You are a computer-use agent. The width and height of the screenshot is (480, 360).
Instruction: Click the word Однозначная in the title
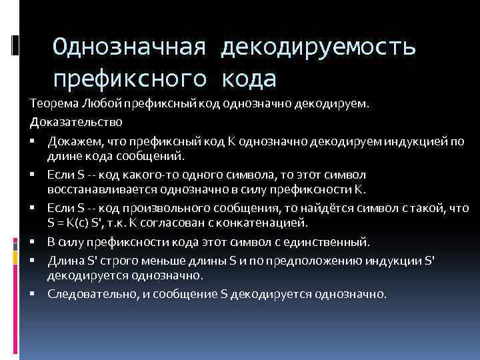click(x=131, y=48)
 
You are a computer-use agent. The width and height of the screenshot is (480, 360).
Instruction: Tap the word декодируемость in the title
click(x=321, y=48)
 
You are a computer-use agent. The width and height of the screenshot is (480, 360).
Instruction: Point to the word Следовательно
click(x=85, y=293)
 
